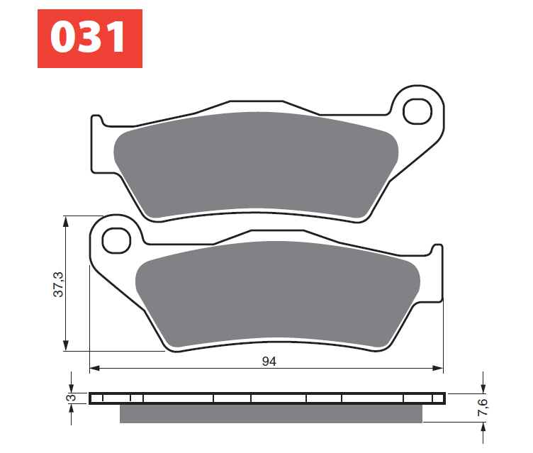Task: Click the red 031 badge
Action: tap(90, 38)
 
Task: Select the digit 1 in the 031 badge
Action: tap(116, 39)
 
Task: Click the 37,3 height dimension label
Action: tap(59, 284)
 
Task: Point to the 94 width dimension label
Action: tap(268, 361)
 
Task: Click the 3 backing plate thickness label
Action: tap(69, 398)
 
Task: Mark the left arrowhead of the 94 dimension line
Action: tap(94, 369)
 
